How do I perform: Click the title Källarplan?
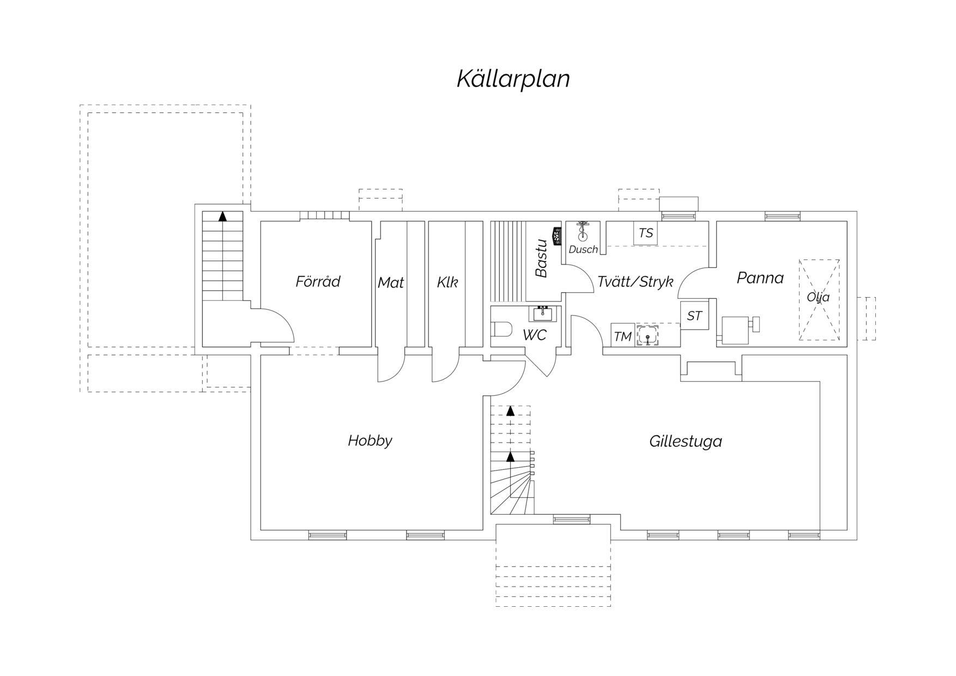pyautogui.click(x=513, y=79)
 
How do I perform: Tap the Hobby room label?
pyautogui.click(x=370, y=440)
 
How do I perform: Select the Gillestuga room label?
pyautogui.click(x=686, y=441)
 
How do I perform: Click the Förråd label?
pyautogui.click(x=318, y=281)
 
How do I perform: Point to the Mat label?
pyautogui.click(x=391, y=282)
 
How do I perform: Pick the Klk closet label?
pyautogui.click(x=447, y=282)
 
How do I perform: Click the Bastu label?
pyautogui.click(x=541, y=258)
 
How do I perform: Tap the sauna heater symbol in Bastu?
pyautogui.click(x=556, y=236)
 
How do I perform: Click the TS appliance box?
pyautogui.click(x=645, y=233)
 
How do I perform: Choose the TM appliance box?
pyautogui.click(x=622, y=335)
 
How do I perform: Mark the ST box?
pyautogui.click(x=694, y=316)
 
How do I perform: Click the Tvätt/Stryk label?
pyautogui.click(x=636, y=282)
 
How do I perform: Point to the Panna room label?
pyautogui.click(x=760, y=278)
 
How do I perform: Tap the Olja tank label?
pyautogui.click(x=818, y=297)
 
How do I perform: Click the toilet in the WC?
pyautogui.click(x=502, y=330)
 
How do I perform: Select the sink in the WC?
pyautogui.click(x=542, y=314)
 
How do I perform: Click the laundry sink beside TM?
pyautogui.click(x=648, y=335)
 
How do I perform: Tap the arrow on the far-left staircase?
pyautogui.click(x=222, y=216)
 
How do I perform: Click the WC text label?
pyautogui.click(x=534, y=335)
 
